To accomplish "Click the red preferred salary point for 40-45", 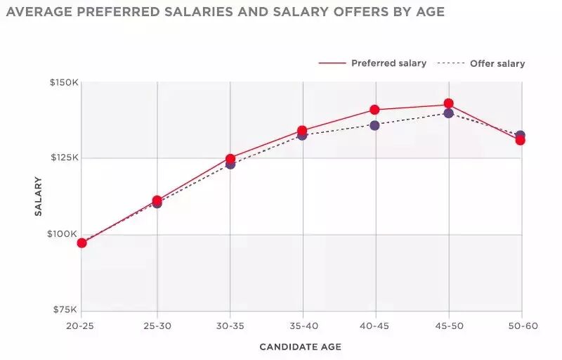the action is point(374,110).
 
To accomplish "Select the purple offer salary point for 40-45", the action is point(374,125).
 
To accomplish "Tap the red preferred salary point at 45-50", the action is point(448,103).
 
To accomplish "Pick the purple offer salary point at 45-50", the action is point(448,113).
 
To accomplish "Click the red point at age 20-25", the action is point(81,243).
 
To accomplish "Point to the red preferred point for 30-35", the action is point(230,159).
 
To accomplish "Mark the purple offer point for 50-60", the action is point(521,134).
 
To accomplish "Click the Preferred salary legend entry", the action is point(372,63).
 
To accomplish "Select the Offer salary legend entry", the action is point(481,63).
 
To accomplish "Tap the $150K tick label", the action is point(64,82).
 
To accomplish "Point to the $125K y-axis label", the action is point(65,157).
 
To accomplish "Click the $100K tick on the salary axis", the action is point(62,234).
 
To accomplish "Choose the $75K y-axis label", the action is point(65,309).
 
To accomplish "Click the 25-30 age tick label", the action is point(157,326).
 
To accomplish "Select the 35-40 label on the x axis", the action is point(303,326).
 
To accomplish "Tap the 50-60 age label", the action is point(523,326).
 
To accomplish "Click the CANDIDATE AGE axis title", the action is point(301,347).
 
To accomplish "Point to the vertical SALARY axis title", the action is point(38,196).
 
